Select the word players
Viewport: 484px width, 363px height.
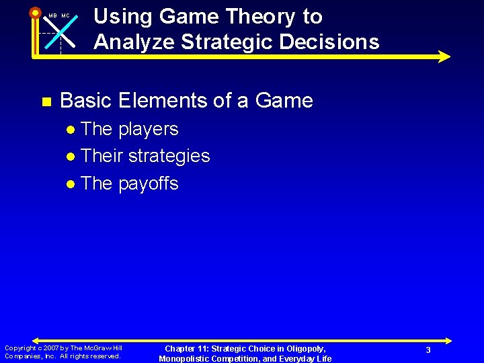(x=148, y=129)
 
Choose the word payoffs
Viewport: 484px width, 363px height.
(x=148, y=184)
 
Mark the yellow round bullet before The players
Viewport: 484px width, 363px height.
(x=72, y=130)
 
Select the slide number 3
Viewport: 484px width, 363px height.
(x=428, y=350)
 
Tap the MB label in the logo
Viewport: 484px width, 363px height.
(x=52, y=16)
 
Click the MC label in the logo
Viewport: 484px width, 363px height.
(x=66, y=16)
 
